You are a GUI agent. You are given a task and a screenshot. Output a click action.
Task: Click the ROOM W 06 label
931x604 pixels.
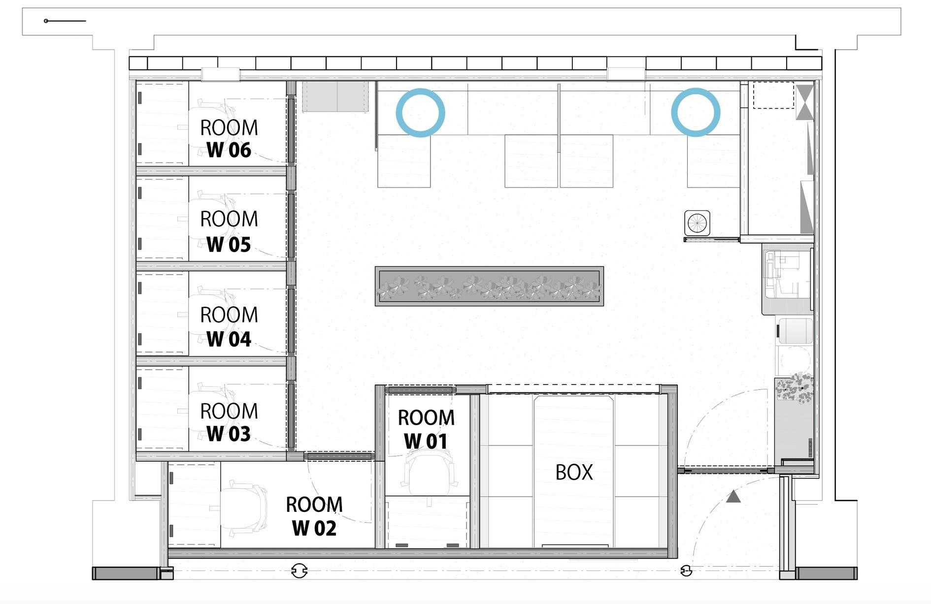(x=229, y=139)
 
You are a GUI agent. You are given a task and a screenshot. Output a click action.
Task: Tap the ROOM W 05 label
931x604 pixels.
(x=229, y=231)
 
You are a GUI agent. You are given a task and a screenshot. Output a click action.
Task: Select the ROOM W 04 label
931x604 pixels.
(x=229, y=327)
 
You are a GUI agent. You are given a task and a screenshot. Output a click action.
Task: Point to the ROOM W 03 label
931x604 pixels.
(x=229, y=422)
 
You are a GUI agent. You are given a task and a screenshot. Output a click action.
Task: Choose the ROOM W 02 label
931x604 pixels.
(x=314, y=516)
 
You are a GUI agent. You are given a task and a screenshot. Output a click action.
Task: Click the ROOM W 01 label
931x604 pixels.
(x=426, y=429)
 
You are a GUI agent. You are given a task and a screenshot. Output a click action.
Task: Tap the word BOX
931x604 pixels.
(x=574, y=473)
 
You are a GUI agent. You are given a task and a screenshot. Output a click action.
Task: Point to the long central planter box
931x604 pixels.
(x=489, y=286)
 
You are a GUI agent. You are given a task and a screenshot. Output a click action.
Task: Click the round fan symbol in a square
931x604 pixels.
(x=697, y=223)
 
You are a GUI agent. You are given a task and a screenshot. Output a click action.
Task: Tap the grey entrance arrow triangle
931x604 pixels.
(x=733, y=497)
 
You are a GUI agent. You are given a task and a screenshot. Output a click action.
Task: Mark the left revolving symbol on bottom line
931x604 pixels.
(x=299, y=571)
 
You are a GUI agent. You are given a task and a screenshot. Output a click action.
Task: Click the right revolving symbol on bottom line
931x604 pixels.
(x=686, y=571)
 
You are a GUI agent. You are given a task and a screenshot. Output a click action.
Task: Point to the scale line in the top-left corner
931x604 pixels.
(x=65, y=21)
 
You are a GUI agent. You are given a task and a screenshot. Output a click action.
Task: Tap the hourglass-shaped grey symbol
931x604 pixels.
(x=805, y=102)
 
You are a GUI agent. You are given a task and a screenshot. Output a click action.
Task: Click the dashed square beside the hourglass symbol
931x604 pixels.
(x=773, y=95)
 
